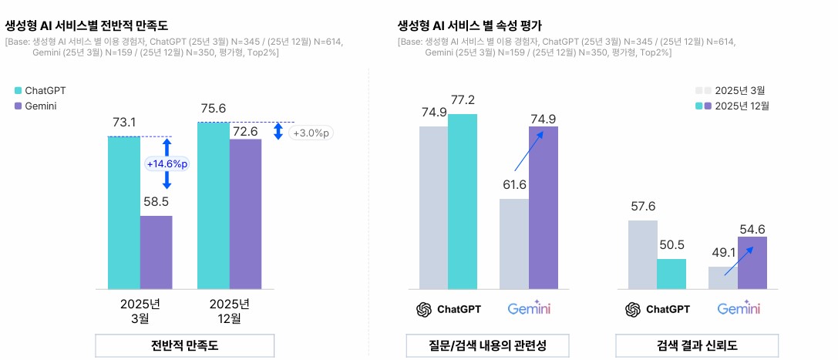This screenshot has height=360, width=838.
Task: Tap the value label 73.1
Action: tap(124, 123)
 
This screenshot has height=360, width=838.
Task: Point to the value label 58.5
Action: tap(156, 202)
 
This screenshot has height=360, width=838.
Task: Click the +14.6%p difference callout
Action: tap(167, 163)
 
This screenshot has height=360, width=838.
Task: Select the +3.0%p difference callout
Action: tap(310, 133)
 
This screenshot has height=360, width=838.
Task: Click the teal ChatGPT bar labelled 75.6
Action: tap(213, 205)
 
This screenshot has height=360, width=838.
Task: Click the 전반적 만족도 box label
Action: tap(184, 345)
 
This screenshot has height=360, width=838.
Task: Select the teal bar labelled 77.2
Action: tap(463, 201)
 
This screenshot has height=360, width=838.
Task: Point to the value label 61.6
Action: tap(515, 185)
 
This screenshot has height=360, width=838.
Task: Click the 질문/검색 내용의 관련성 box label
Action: tap(488, 345)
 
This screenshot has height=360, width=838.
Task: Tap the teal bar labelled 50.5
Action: tap(671, 274)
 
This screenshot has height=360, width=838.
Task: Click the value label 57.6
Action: tap(642, 207)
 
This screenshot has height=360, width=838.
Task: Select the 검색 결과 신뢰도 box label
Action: tap(697, 345)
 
